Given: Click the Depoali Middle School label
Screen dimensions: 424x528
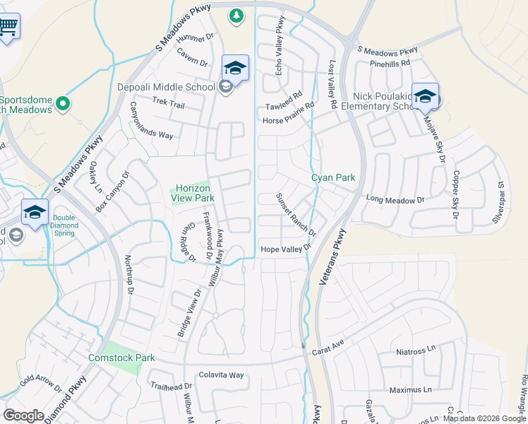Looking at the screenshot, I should point(167,88).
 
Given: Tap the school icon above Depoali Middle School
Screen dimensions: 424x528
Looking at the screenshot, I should point(235,68).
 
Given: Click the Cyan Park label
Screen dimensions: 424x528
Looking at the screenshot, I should point(333,178).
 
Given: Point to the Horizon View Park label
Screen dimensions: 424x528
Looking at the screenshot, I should point(193,193).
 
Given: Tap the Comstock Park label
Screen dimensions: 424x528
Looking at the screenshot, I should point(121,358).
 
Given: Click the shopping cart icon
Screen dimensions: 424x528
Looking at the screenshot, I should point(8,28).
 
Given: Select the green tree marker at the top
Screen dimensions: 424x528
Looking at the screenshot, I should point(236,15).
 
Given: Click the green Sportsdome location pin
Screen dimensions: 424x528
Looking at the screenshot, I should point(63,105).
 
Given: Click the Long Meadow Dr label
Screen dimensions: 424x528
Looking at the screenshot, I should point(395,201).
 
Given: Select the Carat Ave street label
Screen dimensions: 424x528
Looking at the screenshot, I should point(328,343).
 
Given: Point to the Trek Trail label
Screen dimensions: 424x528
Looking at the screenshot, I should point(169,105).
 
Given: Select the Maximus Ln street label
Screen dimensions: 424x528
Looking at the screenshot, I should point(410,390).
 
